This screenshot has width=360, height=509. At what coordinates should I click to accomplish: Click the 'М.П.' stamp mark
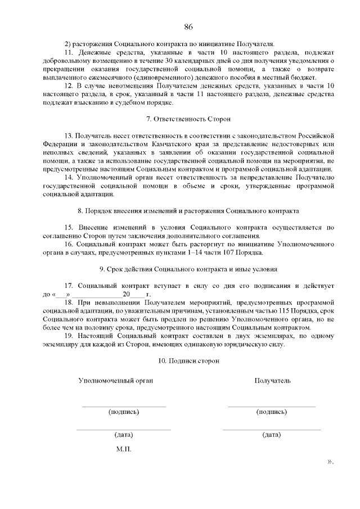point(124,451)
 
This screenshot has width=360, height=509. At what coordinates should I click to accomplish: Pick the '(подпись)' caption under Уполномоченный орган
point(124,412)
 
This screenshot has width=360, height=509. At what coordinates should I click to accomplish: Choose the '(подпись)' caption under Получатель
point(272,412)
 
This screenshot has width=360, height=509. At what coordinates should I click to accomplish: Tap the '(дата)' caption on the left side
point(124,435)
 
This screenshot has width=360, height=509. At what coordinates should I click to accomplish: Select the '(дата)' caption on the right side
point(272,435)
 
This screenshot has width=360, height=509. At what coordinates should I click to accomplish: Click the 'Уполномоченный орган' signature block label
point(115,381)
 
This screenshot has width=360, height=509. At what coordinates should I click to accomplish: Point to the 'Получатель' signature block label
point(273,381)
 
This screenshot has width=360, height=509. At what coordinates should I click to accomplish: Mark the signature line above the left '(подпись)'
point(124,406)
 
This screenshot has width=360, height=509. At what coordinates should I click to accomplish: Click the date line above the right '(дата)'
point(272,429)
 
